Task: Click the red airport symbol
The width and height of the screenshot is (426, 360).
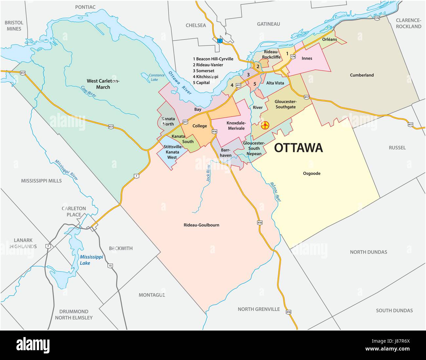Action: [265, 125]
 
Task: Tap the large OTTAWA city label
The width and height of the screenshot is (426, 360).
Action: [298, 148]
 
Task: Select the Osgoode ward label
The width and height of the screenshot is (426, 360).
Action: [311, 173]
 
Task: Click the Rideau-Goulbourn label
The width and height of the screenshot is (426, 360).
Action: [204, 225]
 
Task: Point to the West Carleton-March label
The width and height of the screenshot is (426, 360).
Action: [103, 84]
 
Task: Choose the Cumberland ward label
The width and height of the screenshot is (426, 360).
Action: [362, 75]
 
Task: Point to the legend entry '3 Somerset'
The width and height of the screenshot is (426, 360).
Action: [203, 71]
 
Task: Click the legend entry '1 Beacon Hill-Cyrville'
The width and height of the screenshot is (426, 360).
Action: [213, 59]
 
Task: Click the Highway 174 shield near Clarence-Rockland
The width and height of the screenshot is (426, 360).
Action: [378, 18]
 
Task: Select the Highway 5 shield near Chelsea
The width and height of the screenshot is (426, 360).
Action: [220, 41]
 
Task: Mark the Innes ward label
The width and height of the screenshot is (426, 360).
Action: [307, 58]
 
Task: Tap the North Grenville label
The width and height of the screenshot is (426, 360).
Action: [259, 309]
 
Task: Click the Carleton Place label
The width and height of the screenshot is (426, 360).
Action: [74, 211]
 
